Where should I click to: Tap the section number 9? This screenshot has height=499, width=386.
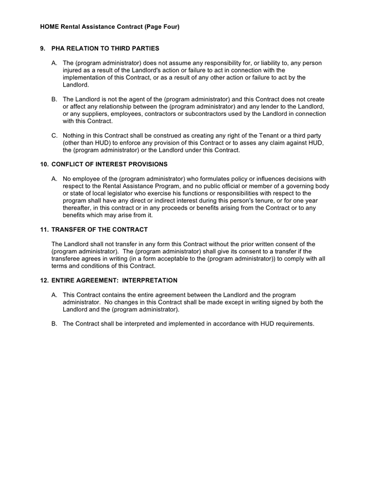coord(43,48)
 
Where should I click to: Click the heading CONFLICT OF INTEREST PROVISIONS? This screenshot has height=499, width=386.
coord(109,164)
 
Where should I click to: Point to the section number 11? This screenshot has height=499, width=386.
coord(44,230)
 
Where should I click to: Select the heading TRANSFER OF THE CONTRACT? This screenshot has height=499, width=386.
coord(99,230)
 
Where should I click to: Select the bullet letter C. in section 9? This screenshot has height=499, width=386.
coord(54,135)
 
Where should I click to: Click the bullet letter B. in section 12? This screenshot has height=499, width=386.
coord(54,323)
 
